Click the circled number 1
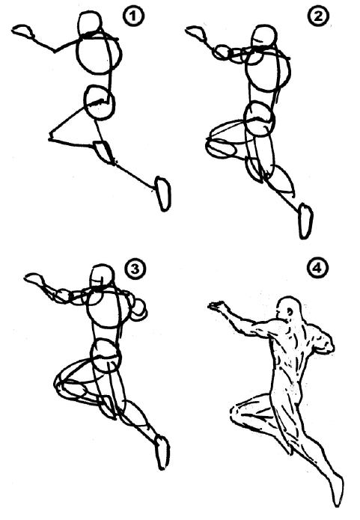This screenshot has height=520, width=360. (134, 16)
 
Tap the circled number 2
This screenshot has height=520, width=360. (317, 16)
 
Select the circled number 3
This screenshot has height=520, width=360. (135, 269)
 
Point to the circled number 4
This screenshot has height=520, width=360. (317, 267)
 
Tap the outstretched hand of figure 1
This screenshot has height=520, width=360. (22, 31)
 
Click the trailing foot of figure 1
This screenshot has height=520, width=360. (163, 194)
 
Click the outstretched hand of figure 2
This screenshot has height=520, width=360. (196, 32)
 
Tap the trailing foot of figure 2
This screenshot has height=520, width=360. (305, 221)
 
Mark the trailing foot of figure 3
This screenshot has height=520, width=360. (162, 453)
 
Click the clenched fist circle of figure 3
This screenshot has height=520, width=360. (138, 310)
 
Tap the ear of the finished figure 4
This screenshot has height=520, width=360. (290, 312)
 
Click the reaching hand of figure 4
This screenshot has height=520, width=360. (217, 306)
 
